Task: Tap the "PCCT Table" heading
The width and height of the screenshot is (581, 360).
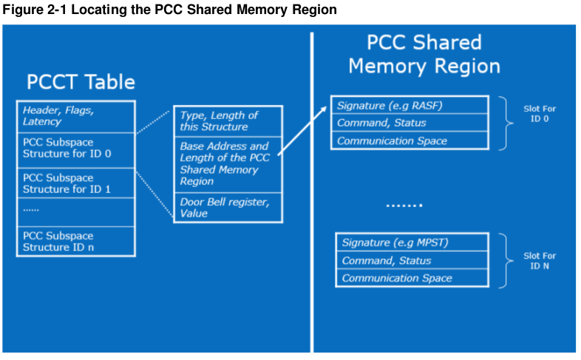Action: tap(81, 81)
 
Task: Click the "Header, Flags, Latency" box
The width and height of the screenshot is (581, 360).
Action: tap(75, 115)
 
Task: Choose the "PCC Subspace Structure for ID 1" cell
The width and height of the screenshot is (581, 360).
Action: tap(75, 184)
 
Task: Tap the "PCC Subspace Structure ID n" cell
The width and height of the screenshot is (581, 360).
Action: tap(75, 241)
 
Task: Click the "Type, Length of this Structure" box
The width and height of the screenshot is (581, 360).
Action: tap(228, 120)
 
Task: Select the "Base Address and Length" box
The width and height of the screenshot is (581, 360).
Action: tap(228, 163)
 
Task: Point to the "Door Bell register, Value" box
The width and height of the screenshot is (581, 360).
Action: tap(228, 207)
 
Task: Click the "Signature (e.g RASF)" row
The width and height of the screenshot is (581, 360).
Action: tap(409, 105)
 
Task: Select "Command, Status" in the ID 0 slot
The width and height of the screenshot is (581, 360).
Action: tap(409, 123)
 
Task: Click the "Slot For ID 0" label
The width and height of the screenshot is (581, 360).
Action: tap(539, 114)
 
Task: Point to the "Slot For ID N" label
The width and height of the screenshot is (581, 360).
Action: tap(539, 260)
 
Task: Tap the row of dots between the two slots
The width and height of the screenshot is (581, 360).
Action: tap(404, 205)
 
